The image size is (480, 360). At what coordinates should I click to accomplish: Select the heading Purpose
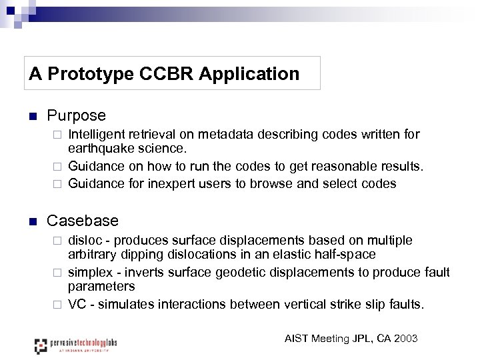coord(76,116)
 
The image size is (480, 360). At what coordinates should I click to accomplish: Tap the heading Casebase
coord(82,221)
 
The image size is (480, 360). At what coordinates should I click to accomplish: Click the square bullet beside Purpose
coord(31,117)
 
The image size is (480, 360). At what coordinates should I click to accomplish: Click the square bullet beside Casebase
coord(31,221)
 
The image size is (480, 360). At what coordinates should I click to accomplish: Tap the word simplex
coord(91,272)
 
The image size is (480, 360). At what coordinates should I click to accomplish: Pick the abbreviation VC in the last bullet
coord(77,304)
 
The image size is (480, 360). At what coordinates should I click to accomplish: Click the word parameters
coord(101,286)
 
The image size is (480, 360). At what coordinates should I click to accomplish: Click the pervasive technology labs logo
coord(75,345)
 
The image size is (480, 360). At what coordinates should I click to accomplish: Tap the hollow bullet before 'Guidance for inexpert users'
coord(57,183)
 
